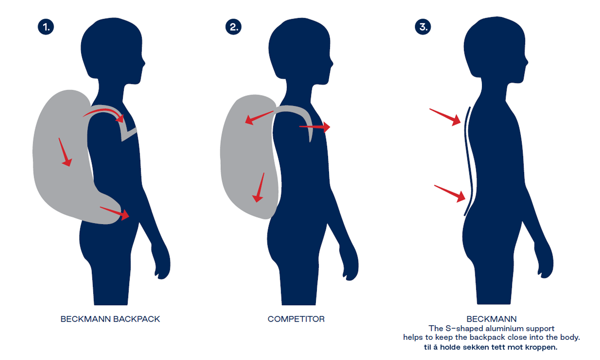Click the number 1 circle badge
[x=46, y=27]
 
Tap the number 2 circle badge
[x=233, y=27]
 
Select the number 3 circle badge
[x=423, y=27]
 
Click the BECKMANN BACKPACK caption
[x=110, y=319]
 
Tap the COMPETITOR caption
[x=296, y=319]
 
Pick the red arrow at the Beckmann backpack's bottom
[x=115, y=212]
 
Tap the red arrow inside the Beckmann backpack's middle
[x=65, y=152]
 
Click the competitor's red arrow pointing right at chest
[x=315, y=127]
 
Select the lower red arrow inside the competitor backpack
[x=259, y=187]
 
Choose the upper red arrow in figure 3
[x=445, y=117]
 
